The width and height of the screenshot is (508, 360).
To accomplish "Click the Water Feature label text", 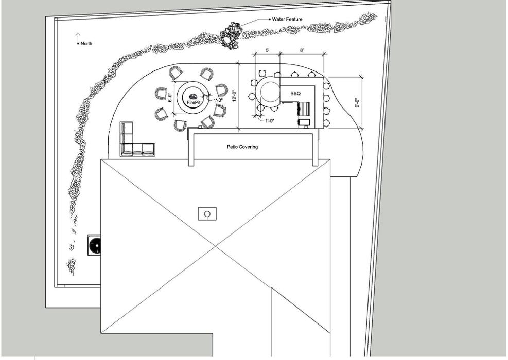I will pyautogui.click(x=287, y=19).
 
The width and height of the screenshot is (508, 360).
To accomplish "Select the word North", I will pyautogui.click(x=86, y=44).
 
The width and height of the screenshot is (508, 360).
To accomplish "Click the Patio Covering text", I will pyautogui.click(x=242, y=147).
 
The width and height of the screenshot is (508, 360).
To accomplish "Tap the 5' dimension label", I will pyautogui.click(x=267, y=50).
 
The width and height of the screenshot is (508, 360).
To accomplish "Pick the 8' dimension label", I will pyautogui.click(x=302, y=50).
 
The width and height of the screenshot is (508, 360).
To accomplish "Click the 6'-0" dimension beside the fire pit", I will pyautogui.click(x=170, y=98).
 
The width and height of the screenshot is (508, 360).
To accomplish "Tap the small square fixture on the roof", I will pyautogui.click(x=207, y=213).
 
